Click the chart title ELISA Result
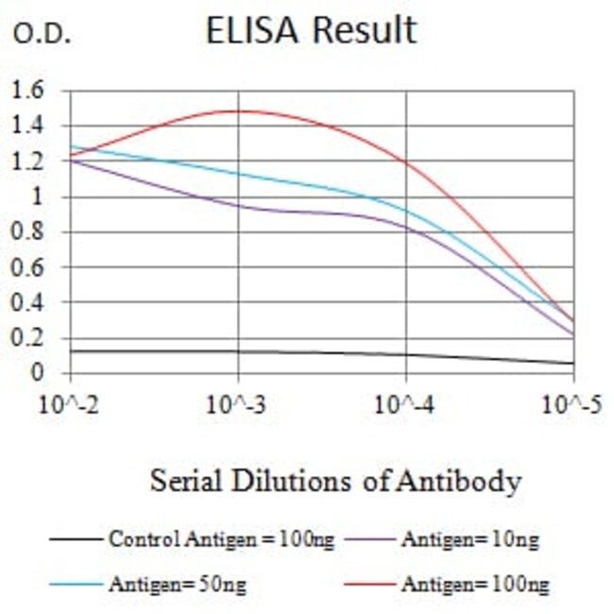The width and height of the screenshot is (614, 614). (x=311, y=30)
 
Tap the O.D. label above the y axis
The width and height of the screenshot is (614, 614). (x=41, y=35)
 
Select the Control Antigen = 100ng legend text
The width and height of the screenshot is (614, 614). (x=221, y=540)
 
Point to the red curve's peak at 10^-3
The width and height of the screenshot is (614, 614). (x=237, y=111)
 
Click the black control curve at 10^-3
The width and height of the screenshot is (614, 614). (x=237, y=351)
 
